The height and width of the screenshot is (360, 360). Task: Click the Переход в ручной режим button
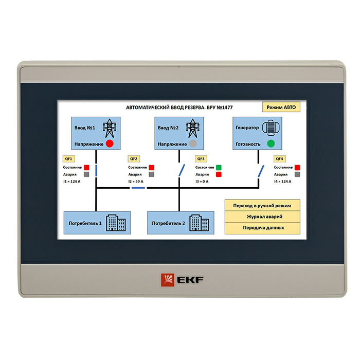(262, 205)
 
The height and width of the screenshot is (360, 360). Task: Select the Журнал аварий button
(262, 217)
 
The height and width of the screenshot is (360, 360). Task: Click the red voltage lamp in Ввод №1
(110, 143)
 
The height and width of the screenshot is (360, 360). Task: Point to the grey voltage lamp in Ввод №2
(193, 143)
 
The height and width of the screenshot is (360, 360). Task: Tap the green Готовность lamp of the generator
(271, 143)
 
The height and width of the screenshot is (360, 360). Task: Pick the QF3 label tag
(201, 159)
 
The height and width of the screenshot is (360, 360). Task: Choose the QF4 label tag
(280, 159)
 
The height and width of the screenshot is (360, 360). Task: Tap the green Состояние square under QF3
(219, 167)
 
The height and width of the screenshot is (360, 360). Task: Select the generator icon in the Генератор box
(269, 128)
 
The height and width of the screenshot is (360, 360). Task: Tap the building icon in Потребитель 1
(116, 223)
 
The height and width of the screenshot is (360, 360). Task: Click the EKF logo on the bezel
(182, 279)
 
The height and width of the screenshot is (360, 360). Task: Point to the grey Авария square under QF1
(86, 174)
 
